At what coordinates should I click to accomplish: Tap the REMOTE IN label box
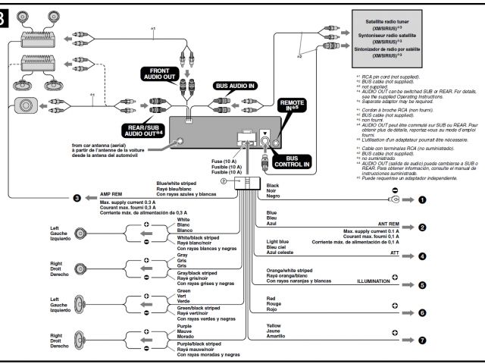292,106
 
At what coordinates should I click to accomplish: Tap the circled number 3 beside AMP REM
77,198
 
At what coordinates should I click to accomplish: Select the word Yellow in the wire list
274,325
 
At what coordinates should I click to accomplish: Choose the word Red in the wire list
271,298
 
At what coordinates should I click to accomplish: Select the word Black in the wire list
273,185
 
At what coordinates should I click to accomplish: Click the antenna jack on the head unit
180,141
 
